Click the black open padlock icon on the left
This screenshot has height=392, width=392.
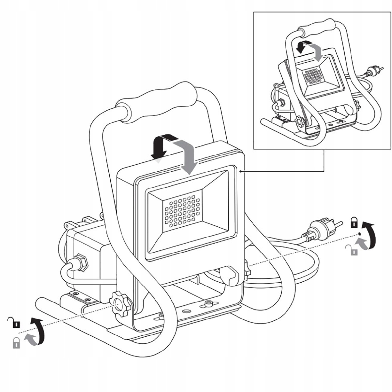14,322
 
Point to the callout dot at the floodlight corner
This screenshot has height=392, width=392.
240,171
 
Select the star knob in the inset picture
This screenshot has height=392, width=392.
300,122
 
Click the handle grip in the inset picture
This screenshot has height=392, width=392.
317,27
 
